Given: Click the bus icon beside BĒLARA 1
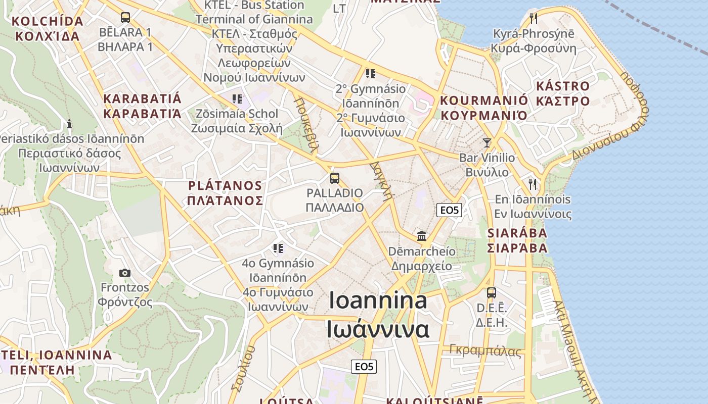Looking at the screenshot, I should [125, 18].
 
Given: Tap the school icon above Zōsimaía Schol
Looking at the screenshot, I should [237, 98].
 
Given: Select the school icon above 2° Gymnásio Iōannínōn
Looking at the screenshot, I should [371, 74].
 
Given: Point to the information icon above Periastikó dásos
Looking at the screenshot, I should [69, 124].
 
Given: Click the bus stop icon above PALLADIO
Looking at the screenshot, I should [334, 178].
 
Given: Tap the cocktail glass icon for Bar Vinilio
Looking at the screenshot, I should [486, 143].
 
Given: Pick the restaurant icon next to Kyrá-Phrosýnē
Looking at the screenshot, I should [534, 19].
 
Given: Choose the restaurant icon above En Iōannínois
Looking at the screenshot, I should [533, 184].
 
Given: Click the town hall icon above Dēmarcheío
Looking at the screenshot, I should [421, 236].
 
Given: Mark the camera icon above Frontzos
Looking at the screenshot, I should [125, 273].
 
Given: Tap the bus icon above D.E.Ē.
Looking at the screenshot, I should [491, 292].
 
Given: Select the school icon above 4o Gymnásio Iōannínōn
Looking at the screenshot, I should [278, 248].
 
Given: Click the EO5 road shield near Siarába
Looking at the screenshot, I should [449, 210].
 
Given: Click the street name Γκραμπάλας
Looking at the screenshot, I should [485, 351].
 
